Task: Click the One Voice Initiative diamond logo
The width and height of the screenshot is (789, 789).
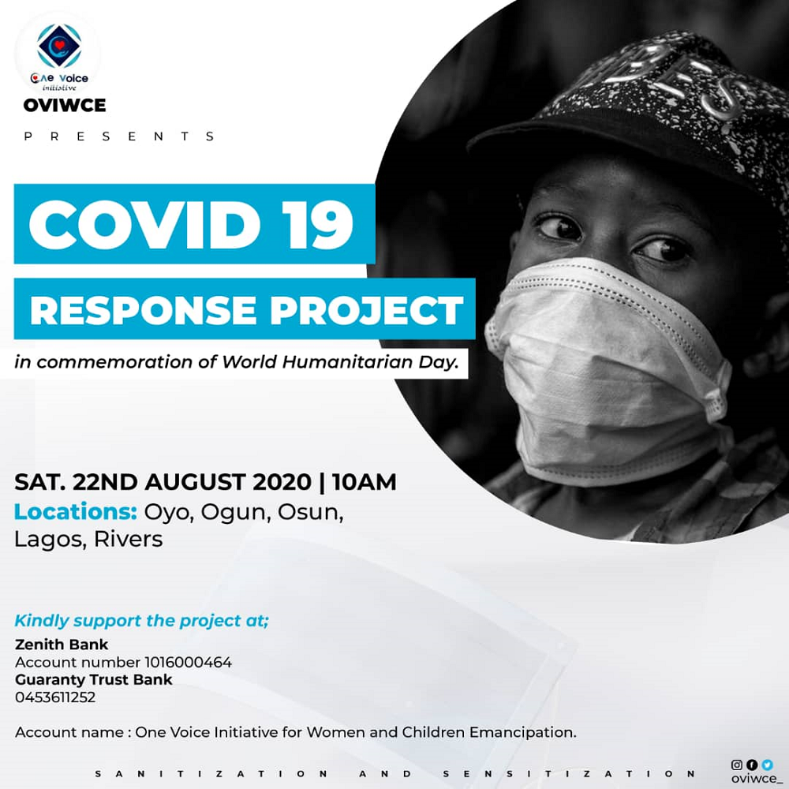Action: pyautogui.click(x=59, y=45)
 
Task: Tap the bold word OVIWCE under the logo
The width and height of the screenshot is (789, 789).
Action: pyautogui.click(x=64, y=105)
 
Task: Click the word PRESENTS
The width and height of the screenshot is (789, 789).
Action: pyautogui.click(x=119, y=136)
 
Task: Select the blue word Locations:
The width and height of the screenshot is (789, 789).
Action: pyautogui.click(x=76, y=511)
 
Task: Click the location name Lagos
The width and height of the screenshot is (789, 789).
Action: pyautogui.click(x=48, y=540)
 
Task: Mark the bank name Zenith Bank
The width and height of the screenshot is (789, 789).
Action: pyautogui.click(x=62, y=645)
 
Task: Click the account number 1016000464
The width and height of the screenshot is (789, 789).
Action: pyautogui.click(x=188, y=662)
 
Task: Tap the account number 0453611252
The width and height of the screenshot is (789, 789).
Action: pyautogui.click(x=54, y=697)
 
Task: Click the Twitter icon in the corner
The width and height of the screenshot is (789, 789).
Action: pyautogui.click(x=768, y=764)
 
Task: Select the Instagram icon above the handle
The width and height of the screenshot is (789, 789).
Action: pyautogui.click(x=737, y=764)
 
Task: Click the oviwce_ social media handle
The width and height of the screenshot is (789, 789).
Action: pyautogui.click(x=754, y=778)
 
